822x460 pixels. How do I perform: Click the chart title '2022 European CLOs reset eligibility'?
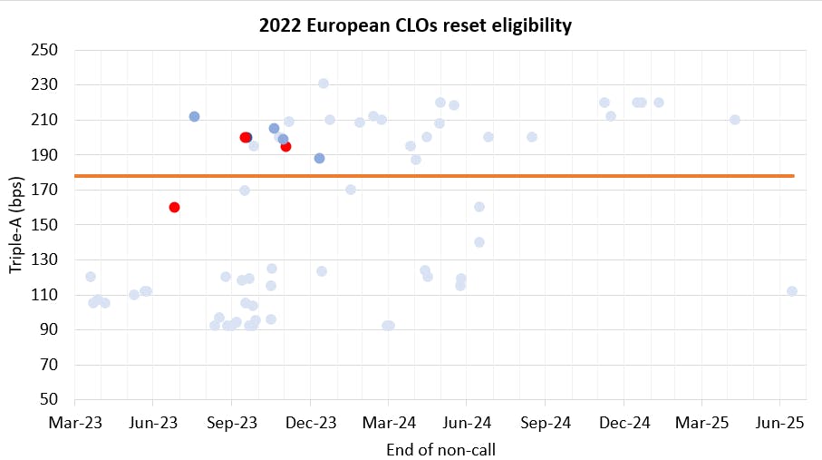415,25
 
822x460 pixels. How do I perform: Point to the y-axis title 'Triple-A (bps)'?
15,225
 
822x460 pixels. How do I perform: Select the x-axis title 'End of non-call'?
440,449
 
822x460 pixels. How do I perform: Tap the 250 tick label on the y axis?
44,50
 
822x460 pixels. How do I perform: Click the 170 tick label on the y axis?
44,190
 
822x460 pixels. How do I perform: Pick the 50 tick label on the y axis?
49,399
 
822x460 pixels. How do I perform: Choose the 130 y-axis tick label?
44,259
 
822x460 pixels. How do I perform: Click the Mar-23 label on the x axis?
75,423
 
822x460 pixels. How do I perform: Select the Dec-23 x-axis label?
310,423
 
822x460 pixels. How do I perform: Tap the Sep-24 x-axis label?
546,423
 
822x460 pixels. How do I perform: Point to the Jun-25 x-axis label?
779,423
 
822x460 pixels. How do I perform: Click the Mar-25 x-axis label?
701,423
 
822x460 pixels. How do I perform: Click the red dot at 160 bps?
175,208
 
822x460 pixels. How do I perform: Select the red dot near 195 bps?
285,146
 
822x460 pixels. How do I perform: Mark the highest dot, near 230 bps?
324,83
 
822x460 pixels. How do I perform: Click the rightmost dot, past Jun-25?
792,291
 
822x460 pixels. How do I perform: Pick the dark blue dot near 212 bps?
195,116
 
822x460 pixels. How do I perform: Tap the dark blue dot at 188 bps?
319,158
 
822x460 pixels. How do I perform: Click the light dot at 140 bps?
479,242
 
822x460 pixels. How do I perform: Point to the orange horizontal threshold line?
435,176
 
